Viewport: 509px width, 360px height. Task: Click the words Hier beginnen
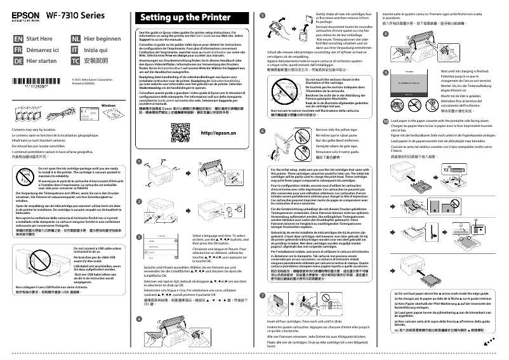(x=102, y=39)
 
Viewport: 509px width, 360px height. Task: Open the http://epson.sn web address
(x=218, y=134)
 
